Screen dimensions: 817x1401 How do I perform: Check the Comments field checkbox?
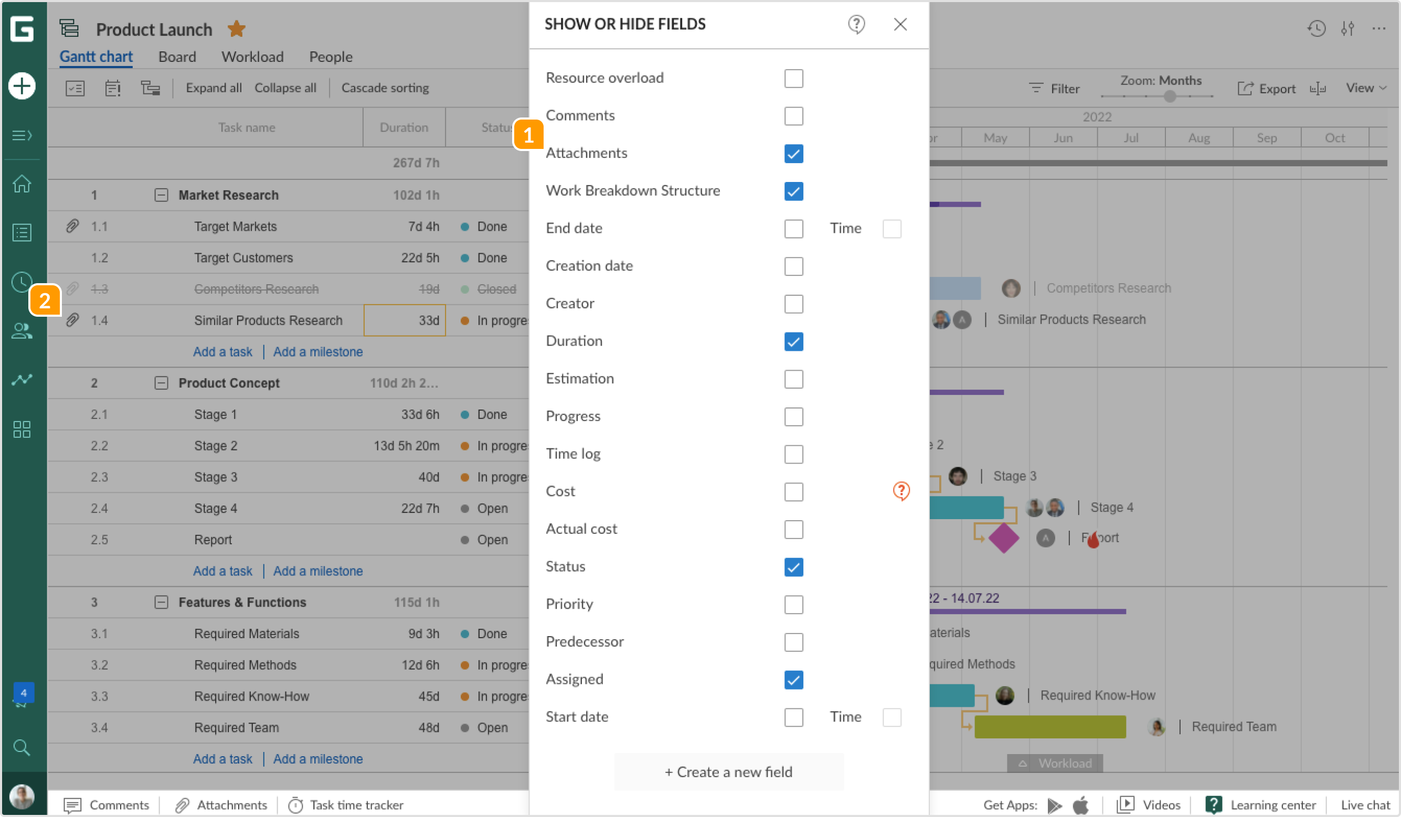click(x=793, y=116)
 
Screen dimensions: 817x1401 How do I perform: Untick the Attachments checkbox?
click(x=793, y=154)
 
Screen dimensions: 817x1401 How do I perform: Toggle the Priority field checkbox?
click(x=793, y=605)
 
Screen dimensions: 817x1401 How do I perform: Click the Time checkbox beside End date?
click(x=891, y=229)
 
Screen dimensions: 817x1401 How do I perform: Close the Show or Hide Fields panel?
click(x=900, y=25)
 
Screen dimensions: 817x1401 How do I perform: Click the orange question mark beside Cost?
click(x=900, y=491)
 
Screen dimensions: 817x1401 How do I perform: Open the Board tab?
click(x=177, y=57)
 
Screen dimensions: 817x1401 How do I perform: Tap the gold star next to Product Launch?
click(x=236, y=29)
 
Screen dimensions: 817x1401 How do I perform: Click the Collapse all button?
click(x=285, y=88)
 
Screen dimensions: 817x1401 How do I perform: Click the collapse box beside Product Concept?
click(x=161, y=383)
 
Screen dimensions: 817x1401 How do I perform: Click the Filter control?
click(x=1054, y=89)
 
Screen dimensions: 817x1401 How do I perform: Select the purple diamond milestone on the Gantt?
click(x=1003, y=538)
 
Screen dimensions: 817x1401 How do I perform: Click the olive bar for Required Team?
click(x=1049, y=727)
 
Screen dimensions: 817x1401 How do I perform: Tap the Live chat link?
click(x=1365, y=805)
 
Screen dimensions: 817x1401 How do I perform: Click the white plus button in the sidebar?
click(x=22, y=86)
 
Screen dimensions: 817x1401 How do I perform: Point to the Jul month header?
click(x=1131, y=138)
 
